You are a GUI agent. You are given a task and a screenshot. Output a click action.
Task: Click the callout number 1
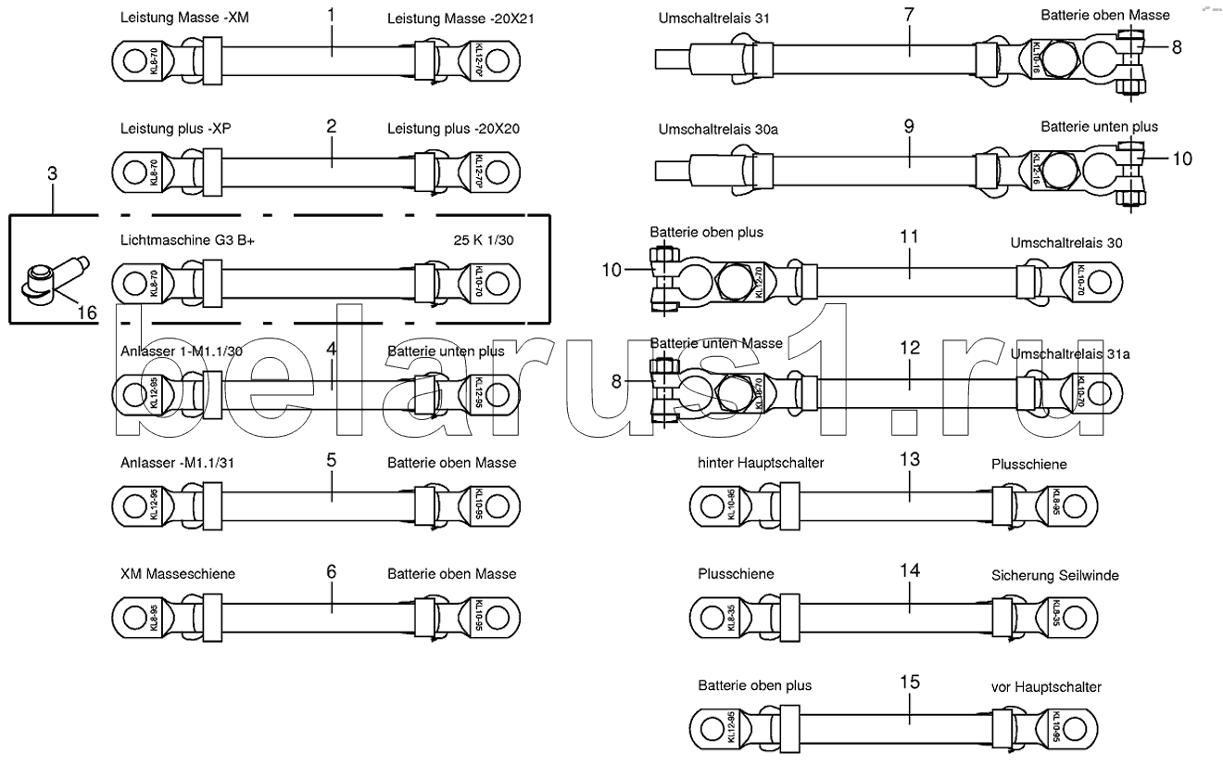pyautogui.click(x=332, y=16)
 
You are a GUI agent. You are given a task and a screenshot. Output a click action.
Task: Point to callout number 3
pyautogui.click(x=53, y=172)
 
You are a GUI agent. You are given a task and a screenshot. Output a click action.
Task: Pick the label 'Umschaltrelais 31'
pyautogui.click(x=713, y=18)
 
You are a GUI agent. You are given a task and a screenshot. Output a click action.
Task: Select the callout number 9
pyautogui.click(x=909, y=126)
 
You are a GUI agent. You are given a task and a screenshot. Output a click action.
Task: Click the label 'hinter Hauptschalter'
pyautogui.click(x=761, y=462)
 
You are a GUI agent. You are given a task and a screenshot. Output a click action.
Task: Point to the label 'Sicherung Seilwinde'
pyautogui.click(x=1054, y=575)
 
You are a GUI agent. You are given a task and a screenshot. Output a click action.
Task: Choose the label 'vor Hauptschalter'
pyautogui.click(x=1046, y=686)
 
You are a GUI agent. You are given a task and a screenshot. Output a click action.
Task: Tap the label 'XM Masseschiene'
pyautogui.click(x=177, y=573)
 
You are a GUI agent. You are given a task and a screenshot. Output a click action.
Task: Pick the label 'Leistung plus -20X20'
pyautogui.click(x=453, y=128)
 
